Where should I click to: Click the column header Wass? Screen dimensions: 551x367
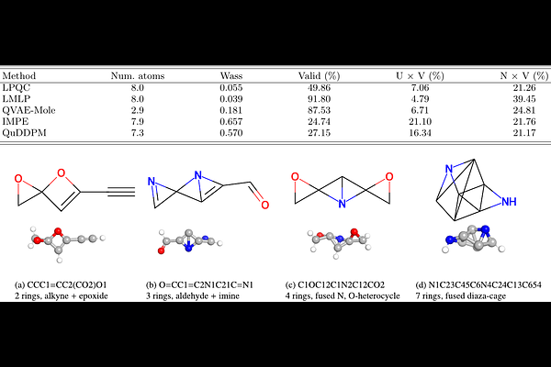(x=231, y=76)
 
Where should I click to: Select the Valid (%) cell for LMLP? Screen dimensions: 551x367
(x=319, y=99)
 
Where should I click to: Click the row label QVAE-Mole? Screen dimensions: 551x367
(x=28, y=110)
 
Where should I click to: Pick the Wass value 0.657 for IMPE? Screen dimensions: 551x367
(x=231, y=121)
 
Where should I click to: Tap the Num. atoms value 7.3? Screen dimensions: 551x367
(x=138, y=133)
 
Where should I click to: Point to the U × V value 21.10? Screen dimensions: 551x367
(x=420, y=121)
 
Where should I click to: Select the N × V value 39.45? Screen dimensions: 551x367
(x=524, y=99)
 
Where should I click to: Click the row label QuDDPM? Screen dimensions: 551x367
(x=24, y=133)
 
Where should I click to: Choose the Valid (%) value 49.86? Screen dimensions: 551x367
(x=319, y=88)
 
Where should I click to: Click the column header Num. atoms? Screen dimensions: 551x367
(x=138, y=76)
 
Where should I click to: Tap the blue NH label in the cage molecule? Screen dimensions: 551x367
(x=509, y=202)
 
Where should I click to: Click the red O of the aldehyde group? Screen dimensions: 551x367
(x=264, y=205)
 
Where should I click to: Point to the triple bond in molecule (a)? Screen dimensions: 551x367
(x=121, y=192)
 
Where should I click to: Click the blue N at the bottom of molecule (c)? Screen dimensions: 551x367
(x=342, y=204)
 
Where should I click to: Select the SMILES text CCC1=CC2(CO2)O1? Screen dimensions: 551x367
(x=67, y=284)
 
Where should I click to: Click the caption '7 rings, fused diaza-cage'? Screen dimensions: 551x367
(x=461, y=296)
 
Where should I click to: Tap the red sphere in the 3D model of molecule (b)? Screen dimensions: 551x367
(x=162, y=250)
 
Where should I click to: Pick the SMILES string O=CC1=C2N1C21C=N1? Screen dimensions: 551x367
(x=206, y=284)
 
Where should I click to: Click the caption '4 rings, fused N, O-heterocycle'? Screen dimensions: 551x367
(x=343, y=296)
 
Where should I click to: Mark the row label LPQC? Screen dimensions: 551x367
(x=17, y=88)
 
